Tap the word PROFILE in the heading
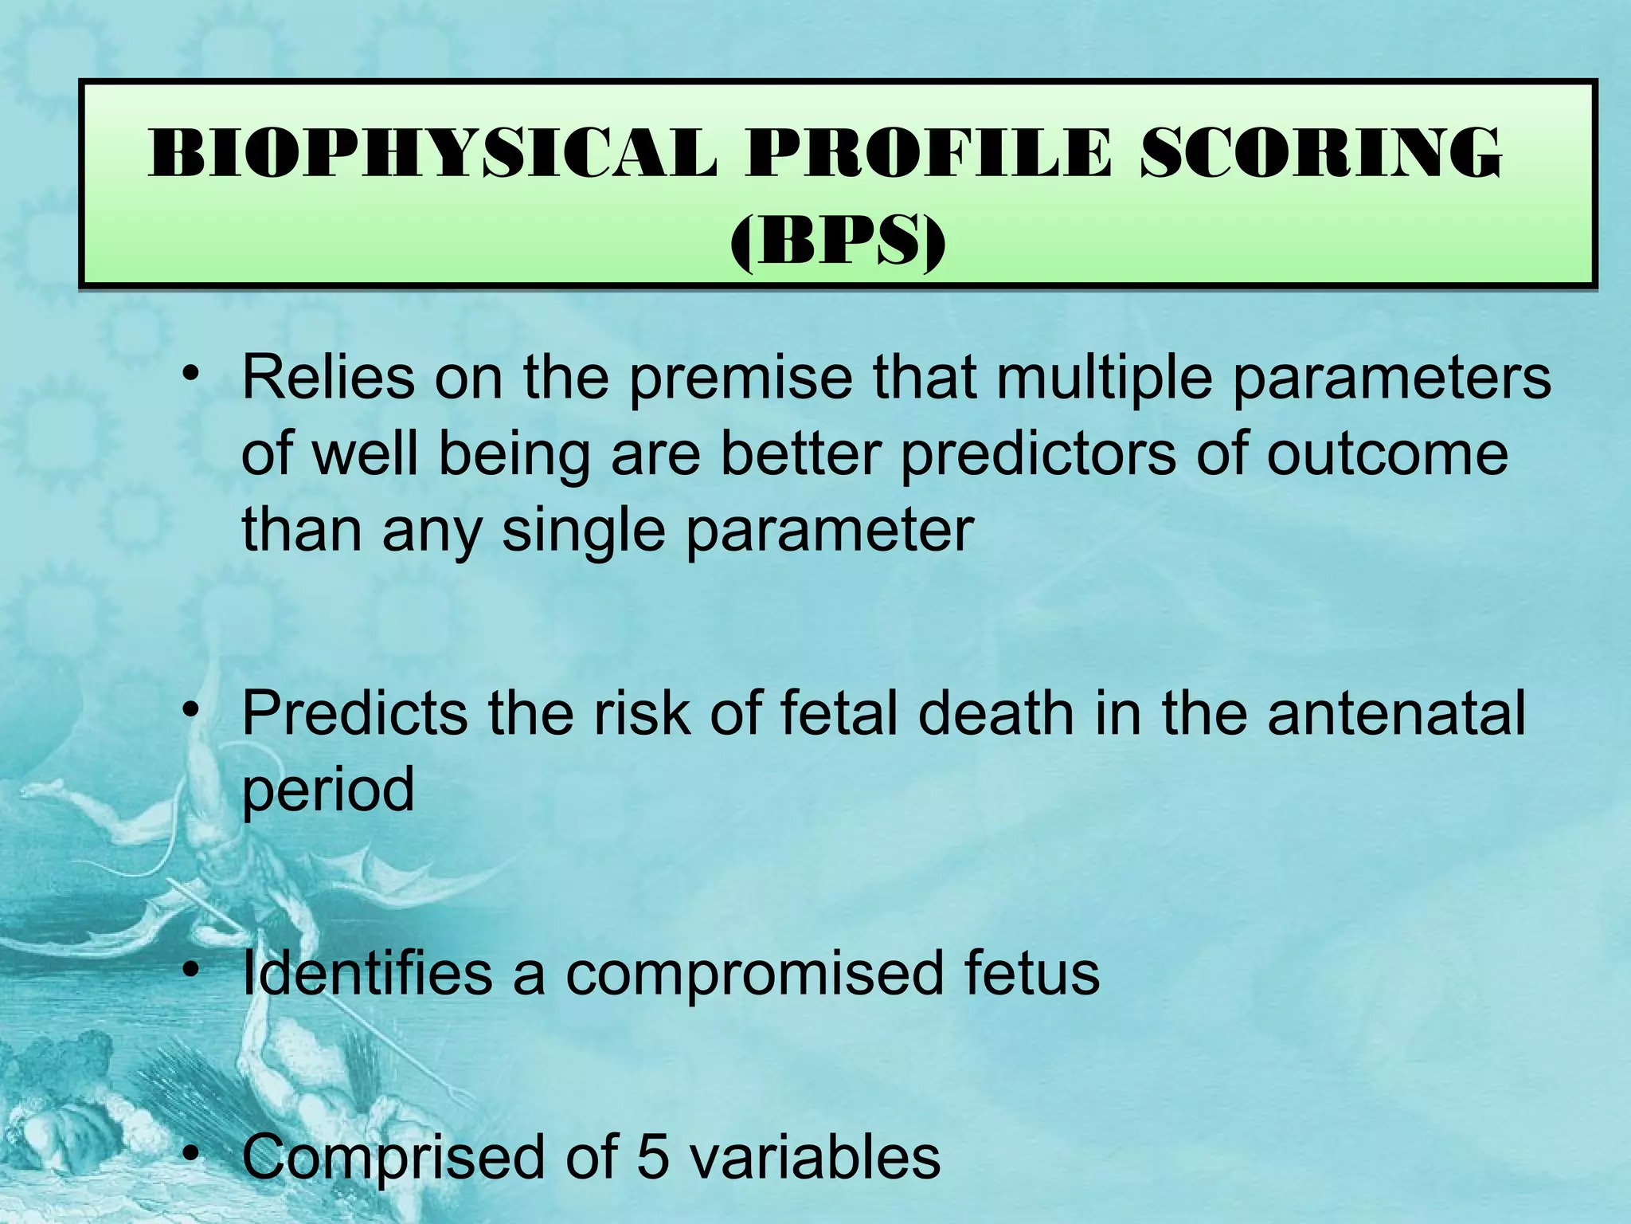tap(929, 154)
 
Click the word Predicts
tap(355, 713)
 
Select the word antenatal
tap(1396, 713)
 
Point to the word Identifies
tap(367, 973)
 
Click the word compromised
tap(754, 975)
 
